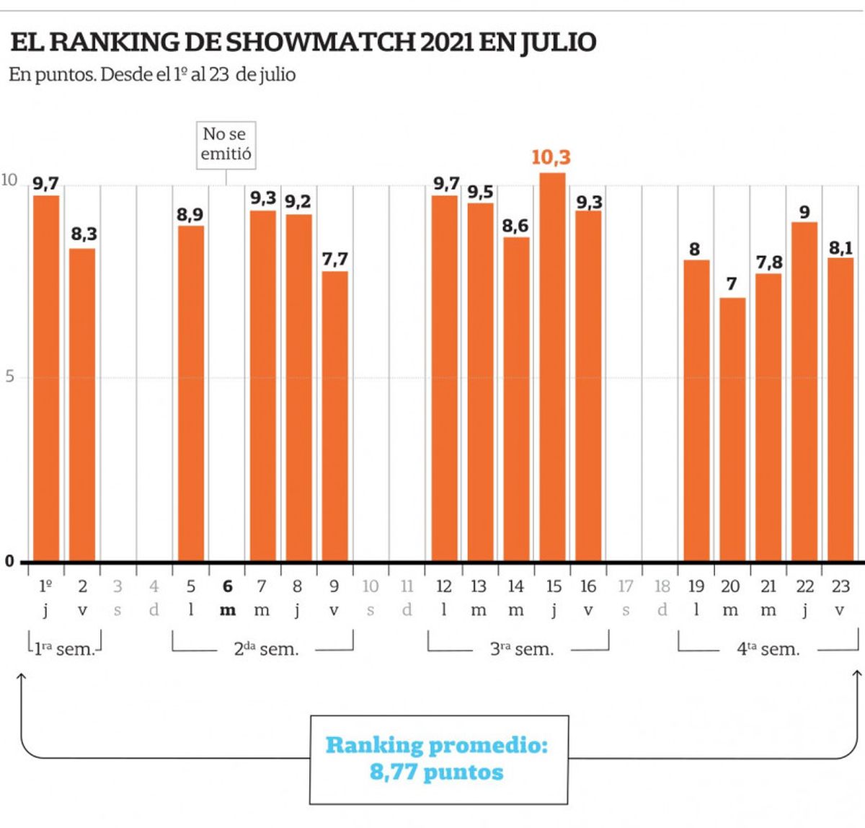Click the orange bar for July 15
[x=552, y=368]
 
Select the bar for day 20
[x=732, y=429]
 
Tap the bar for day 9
[x=334, y=416]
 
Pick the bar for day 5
[x=191, y=394]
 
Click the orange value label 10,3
[x=551, y=157]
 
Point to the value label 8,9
[x=190, y=214]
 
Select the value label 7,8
[x=769, y=263]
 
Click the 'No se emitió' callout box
[x=226, y=144]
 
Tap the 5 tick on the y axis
[x=9, y=376]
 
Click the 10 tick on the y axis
[x=9, y=180]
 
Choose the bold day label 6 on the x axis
[x=228, y=586]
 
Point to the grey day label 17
[x=625, y=586]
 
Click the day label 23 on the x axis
[x=840, y=586]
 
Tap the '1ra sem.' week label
[x=63, y=649]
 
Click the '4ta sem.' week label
[x=768, y=649]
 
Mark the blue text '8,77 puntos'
[x=437, y=772]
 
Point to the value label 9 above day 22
[x=804, y=213]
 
